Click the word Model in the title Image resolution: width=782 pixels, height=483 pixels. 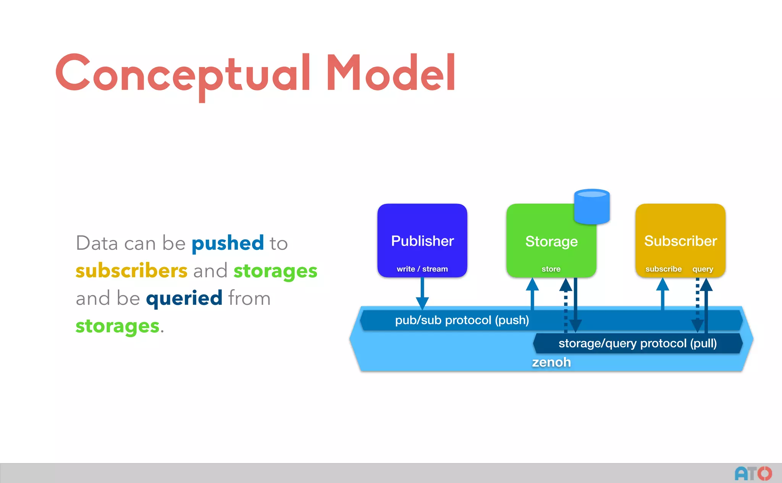coord(390,73)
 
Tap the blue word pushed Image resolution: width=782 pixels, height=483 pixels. coord(228,243)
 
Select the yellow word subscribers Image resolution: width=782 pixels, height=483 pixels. coord(131,271)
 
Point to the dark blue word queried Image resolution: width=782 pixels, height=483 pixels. coord(184,298)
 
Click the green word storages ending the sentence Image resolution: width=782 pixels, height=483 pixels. coord(117,326)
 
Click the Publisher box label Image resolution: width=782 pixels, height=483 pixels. coord(422,241)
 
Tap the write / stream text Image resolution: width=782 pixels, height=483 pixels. coord(422,269)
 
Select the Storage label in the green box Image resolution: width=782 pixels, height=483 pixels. coord(551,241)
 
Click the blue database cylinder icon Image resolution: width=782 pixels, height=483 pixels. coord(591,206)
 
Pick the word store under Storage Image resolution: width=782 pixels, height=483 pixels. coord(551,269)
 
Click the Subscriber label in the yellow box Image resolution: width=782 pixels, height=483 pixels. coord(680,241)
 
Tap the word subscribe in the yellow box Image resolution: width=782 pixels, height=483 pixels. coord(663,269)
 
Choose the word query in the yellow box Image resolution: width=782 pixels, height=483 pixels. coord(703,269)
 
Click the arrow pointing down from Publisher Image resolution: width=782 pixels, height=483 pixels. coord(422,294)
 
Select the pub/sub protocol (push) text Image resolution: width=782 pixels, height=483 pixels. coord(462,320)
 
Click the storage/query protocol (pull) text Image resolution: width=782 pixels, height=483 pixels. coord(637,343)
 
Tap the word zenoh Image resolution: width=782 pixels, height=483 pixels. coord(551,362)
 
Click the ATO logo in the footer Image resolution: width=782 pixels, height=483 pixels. coord(753,473)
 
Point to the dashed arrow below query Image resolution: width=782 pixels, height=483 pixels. coord(698,305)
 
